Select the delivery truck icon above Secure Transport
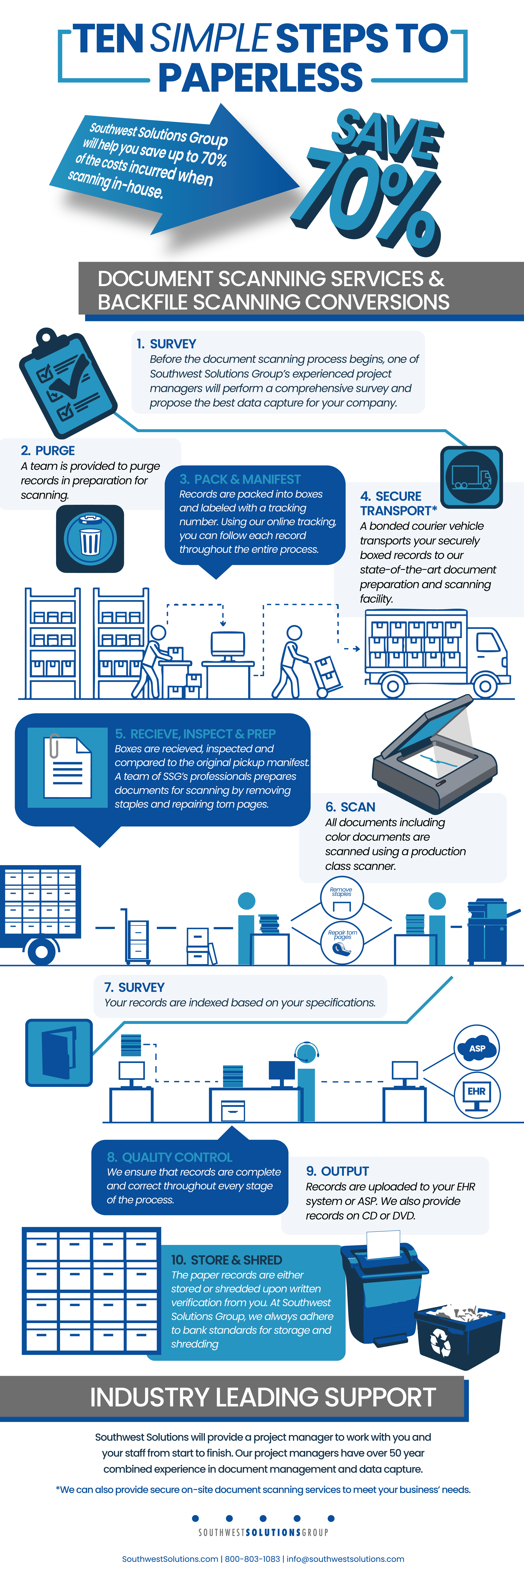tap(471, 476)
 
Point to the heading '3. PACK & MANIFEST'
tap(240, 479)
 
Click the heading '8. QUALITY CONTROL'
tap(169, 1157)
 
